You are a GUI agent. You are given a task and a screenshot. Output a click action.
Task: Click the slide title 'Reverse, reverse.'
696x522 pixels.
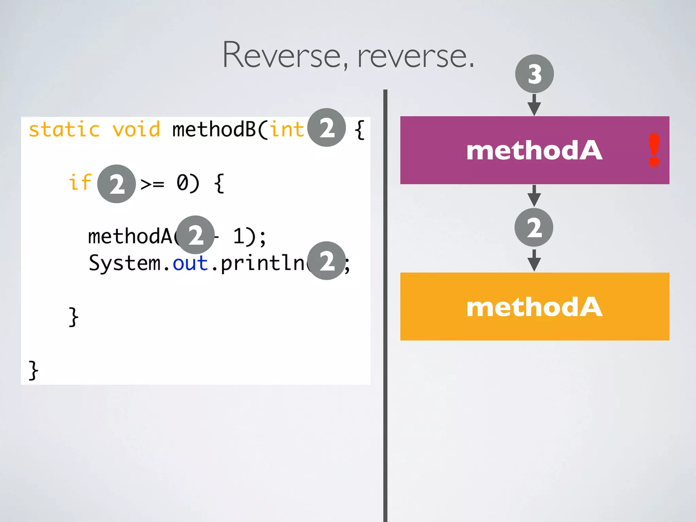(348, 55)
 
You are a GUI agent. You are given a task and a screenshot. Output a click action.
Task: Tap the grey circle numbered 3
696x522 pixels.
(534, 74)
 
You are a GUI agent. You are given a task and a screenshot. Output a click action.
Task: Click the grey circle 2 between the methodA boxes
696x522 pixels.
(534, 227)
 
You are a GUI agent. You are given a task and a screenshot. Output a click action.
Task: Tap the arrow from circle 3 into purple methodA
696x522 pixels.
(534, 105)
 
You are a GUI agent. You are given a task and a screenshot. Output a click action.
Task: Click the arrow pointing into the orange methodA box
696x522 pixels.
(534, 261)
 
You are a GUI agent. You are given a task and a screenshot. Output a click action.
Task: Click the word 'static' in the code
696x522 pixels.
(64, 130)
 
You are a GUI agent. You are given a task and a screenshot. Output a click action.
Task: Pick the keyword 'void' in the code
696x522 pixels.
(136, 130)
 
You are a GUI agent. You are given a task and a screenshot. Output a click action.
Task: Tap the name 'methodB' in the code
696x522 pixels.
(214, 130)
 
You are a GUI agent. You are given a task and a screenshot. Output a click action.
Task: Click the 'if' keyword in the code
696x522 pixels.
(80, 182)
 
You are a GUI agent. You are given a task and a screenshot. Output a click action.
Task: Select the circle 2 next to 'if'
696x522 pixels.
(117, 184)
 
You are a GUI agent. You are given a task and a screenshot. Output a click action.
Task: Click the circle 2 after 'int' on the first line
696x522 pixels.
(327, 127)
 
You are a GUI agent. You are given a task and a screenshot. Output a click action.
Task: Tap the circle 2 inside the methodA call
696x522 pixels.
(196, 235)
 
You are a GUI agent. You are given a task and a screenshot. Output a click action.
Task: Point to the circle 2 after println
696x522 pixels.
(327, 261)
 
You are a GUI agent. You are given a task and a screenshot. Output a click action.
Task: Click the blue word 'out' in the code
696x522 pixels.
(190, 263)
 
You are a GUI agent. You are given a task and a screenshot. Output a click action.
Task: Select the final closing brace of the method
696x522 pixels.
(33, 370)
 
